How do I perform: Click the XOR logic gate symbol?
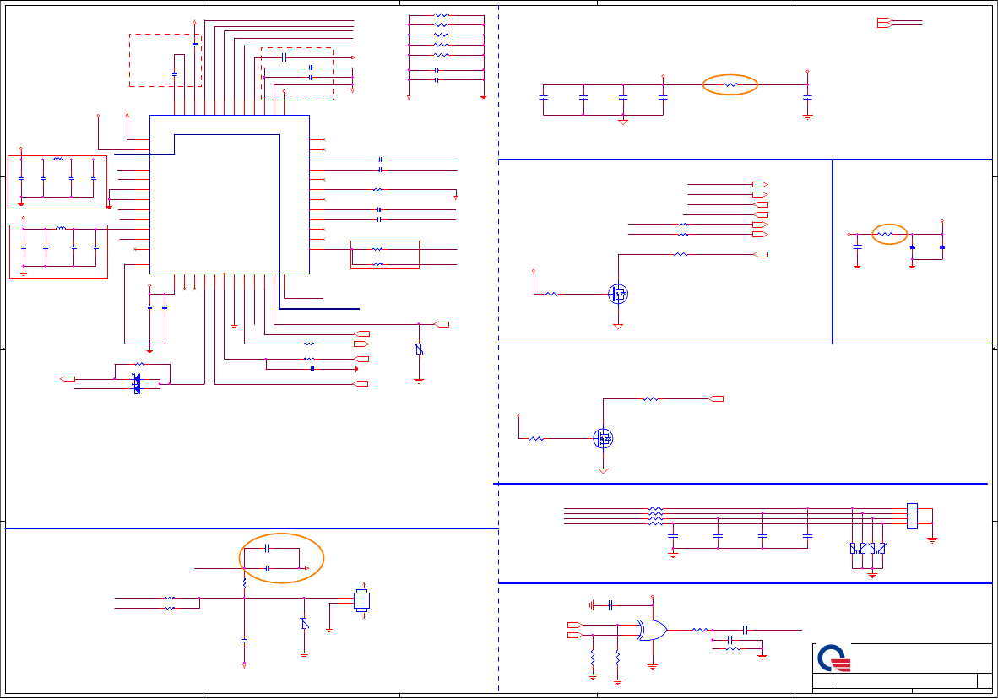coord(652,630)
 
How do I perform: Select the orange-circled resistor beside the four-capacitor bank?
coord(731,84)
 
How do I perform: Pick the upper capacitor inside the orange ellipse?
coord(269,549)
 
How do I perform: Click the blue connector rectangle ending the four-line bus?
coord(912,516)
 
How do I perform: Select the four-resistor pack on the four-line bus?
coord(655,516)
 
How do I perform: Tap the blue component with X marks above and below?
coord(362,601)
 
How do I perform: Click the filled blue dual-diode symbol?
coord(137,383)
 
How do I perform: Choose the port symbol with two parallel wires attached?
coord(884,23)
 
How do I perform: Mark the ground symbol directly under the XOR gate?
coord(652,665)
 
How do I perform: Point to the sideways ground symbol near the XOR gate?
coord(592,604)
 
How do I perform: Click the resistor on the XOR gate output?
coord(699,630)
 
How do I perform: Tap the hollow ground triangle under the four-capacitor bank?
coord(623,121)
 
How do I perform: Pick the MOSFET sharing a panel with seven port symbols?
coord(618,294)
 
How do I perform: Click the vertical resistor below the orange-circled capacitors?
coord(244,582)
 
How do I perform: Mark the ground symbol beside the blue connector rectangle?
coord(932,538)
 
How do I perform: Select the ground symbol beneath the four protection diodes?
coord(873,573)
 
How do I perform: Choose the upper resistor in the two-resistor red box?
coord(377,249)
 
